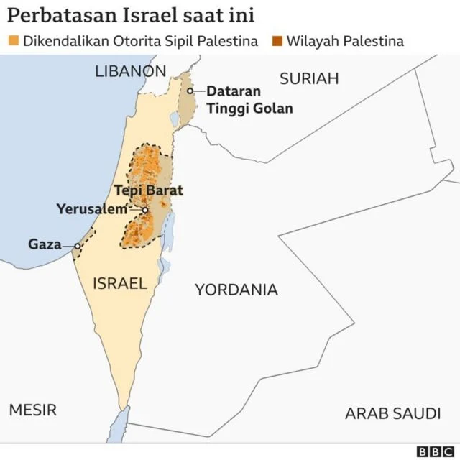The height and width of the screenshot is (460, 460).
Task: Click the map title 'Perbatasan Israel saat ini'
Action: pos(132,15)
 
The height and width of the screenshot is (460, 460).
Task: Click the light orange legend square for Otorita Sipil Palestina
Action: pos(14,41)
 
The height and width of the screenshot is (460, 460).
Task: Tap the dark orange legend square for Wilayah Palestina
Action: pos(277,41)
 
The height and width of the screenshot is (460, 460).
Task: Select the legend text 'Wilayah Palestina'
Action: pos(345,41)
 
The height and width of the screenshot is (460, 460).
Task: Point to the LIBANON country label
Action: pos(130,71)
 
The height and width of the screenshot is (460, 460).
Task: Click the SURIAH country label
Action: pos(308,79)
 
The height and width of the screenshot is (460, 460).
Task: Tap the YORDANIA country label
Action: pos(236,290)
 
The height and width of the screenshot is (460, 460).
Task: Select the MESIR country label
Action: pos(32,410)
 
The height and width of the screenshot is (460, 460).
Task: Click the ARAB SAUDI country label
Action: pos(392,413)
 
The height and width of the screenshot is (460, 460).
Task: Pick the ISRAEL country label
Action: pos(119,283)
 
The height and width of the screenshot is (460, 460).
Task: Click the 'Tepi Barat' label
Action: pos(149,191)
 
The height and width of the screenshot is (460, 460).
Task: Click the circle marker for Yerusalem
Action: pos(145,210)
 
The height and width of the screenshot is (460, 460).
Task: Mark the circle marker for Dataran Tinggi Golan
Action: pos(190,91)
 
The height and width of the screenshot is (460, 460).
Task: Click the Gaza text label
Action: pos(45,244)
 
